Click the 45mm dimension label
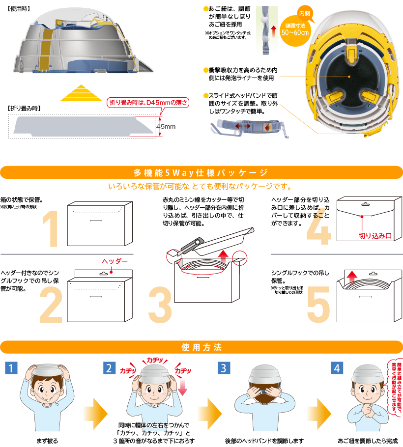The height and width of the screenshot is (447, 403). (x=166, y=127)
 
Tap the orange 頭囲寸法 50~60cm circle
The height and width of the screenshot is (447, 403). (x=295, y=31)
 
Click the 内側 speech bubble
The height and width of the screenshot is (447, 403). (x=305, y=13)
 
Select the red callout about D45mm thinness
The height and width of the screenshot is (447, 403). (x=148, y=102)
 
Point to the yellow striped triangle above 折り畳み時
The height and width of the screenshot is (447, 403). (x=81, y=93)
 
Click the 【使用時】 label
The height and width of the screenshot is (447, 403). (x=19, y=9)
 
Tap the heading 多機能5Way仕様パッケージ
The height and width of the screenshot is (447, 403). (x=201, y=172)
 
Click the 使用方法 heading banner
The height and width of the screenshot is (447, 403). (x=201, y=347)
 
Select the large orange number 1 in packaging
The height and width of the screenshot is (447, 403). (x=51, y=228)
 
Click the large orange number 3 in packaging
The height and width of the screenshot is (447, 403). (x=160, y=305)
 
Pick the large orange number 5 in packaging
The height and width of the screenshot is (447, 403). (x=318, y=305)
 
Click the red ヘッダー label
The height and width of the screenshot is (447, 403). (x=115, y=261)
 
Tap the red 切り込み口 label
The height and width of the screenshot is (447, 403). (x=375, y=236)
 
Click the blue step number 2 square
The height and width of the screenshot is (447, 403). (x=109, y=368)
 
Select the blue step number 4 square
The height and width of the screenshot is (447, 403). (x=337, y=368)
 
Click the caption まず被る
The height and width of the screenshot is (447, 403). (x=47, y=441)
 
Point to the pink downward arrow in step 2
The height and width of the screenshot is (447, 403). (x=182, y=387)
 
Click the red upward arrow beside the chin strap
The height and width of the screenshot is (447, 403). (x=274, y=31)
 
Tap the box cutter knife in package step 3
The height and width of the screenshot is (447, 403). (x=192, y=245)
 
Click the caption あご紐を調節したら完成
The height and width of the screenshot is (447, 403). (x=368, y=441)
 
